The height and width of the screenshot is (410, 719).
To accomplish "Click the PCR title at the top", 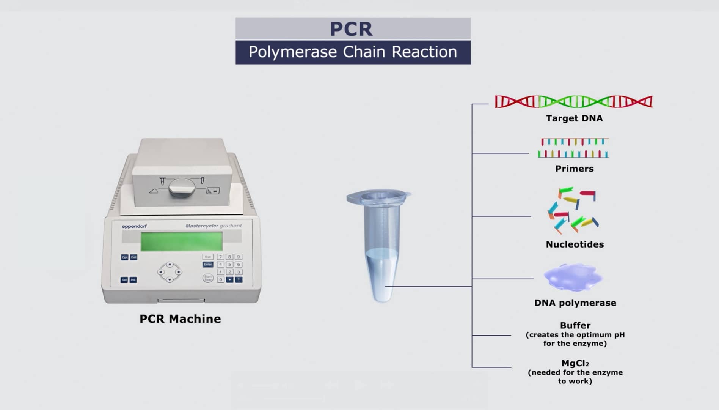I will (351, 29).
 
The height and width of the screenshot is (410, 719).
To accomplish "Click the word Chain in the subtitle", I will (364, 52).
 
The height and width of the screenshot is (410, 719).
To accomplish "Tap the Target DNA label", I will (574, 118).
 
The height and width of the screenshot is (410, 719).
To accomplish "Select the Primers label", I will (574, 169).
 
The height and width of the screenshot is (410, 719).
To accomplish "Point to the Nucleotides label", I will (575, 244).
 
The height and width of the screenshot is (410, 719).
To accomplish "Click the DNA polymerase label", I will (575, 303).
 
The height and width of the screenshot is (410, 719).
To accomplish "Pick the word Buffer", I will (575, 326).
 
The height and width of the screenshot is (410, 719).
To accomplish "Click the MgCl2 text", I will (575, 363).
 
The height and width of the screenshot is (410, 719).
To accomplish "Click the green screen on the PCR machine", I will (181, 241).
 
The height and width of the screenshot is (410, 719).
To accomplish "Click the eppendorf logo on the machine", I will (134, 226).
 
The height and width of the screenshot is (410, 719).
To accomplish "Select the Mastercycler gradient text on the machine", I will (213, 226).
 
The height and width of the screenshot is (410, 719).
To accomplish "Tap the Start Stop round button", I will (208, 278).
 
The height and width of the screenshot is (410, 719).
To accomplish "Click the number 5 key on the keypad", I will (229, 265).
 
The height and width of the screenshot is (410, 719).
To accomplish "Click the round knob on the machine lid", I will (182, 188).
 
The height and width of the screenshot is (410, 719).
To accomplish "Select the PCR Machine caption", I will (180, 319).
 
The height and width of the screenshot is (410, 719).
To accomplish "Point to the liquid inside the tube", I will (382, 270).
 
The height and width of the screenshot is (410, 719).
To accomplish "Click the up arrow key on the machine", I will (170, 264).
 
